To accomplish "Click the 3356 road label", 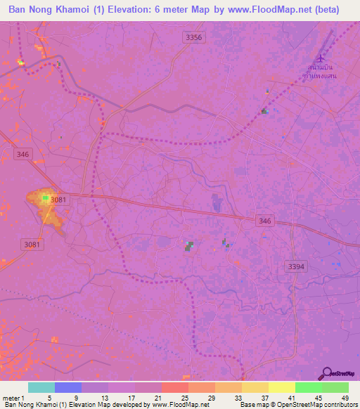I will tap(195, 37).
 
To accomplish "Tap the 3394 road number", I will tap(297, 266).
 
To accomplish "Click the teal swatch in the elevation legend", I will tap(41, 387).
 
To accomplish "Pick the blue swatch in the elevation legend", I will tap(68, 387).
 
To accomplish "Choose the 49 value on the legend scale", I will tap(345, 398).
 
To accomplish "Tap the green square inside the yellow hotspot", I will tap(46, 198).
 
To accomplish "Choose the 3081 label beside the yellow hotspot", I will tap(59, 200).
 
